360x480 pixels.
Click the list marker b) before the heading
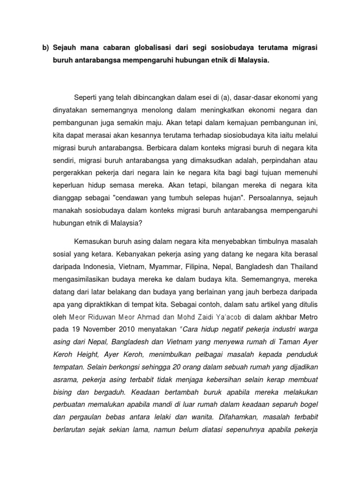tap(45, 48)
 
